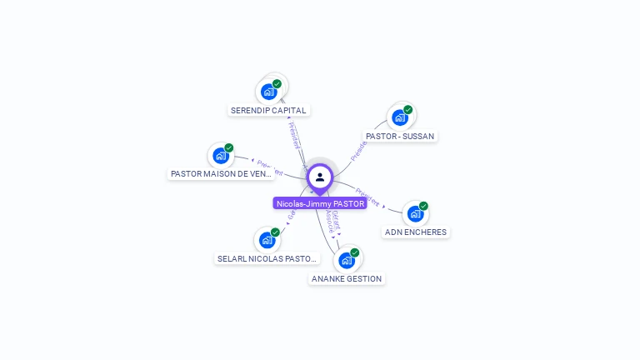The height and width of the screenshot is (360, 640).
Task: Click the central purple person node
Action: tap(320, 177)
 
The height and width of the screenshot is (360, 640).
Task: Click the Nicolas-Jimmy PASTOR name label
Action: tap(320, 203)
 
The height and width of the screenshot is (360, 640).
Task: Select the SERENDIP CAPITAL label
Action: tap(268, 110)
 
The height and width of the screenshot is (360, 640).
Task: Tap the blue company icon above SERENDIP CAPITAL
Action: tap(268, 91)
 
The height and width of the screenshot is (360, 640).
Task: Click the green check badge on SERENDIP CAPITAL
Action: tap(277, 83)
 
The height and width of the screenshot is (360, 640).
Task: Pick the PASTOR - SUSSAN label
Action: tap(400, 136)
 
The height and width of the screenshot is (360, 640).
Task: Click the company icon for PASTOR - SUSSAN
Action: tap(399, 117)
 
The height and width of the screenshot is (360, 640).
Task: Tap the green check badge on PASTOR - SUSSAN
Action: tap(407, 110)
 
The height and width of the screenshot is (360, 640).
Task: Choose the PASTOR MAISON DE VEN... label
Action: tap(222, 174)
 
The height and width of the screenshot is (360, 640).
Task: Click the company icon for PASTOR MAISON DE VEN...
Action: tap(220, 156)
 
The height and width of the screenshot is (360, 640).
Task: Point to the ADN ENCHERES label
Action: tap(415, 232)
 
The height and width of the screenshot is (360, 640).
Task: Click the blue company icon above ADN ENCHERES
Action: tap(415, 213)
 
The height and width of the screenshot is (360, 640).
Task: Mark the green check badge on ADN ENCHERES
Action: tap(423, 206)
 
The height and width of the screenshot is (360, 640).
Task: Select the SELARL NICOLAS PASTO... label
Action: tap(267, 259)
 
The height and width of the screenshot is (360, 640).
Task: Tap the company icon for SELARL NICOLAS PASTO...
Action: tap(267, 240)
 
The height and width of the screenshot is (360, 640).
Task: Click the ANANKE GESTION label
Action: tap(347, 279)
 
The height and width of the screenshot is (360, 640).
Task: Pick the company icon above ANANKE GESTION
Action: tap(347, 260)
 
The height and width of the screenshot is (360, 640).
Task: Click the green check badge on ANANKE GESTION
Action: tap(355, 252)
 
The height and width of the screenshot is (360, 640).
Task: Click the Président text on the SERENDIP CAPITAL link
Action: tap(294, 135)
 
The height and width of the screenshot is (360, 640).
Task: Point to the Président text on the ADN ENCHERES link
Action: tap(367, 197)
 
